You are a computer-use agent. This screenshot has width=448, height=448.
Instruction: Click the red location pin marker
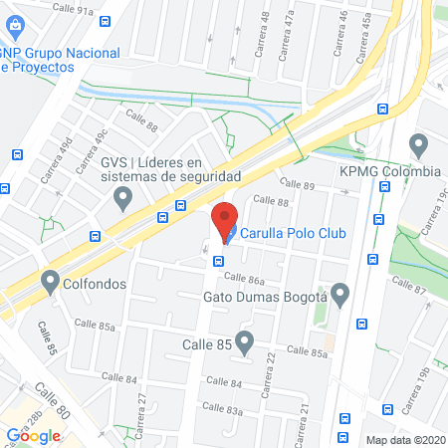225,219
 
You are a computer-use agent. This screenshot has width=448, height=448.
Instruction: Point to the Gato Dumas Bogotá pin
340,296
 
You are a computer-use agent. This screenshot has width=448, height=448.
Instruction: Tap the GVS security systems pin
123,198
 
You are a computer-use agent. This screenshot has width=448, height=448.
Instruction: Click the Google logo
34,434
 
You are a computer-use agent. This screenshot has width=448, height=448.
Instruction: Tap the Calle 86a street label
245,281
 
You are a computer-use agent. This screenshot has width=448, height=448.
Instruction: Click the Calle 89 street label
297,185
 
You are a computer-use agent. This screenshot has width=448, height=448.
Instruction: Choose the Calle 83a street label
222,407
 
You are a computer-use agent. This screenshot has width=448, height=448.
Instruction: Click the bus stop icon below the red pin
218,261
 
